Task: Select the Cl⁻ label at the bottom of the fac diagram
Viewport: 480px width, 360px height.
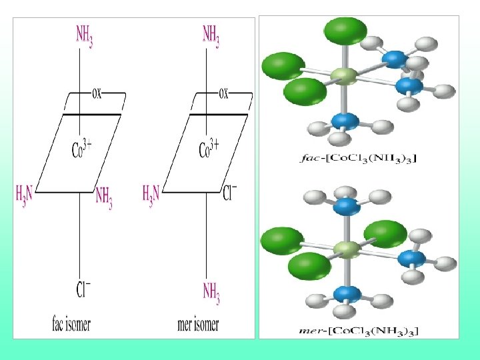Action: [x=84, y=290]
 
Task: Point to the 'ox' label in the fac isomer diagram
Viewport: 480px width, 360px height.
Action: [x=96, y=93]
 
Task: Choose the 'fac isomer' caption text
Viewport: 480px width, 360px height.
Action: [x=71, y=325]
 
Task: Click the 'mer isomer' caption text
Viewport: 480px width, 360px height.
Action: [x=198, y=325]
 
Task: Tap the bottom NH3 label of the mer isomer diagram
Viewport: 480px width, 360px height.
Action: [x=211, y=291]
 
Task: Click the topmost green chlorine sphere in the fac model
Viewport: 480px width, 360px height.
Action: [x=345, y=31]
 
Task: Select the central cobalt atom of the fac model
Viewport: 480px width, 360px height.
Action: [x=344, y=77]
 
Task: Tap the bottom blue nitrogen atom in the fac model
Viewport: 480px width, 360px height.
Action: [x=345, y=121]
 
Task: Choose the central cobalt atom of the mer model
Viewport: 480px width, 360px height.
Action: [x=346, y=250]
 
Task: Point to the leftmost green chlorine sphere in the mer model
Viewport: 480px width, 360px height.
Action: [x=283, y=240]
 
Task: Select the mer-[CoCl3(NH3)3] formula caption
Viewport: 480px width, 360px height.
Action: [x=361, y=329]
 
